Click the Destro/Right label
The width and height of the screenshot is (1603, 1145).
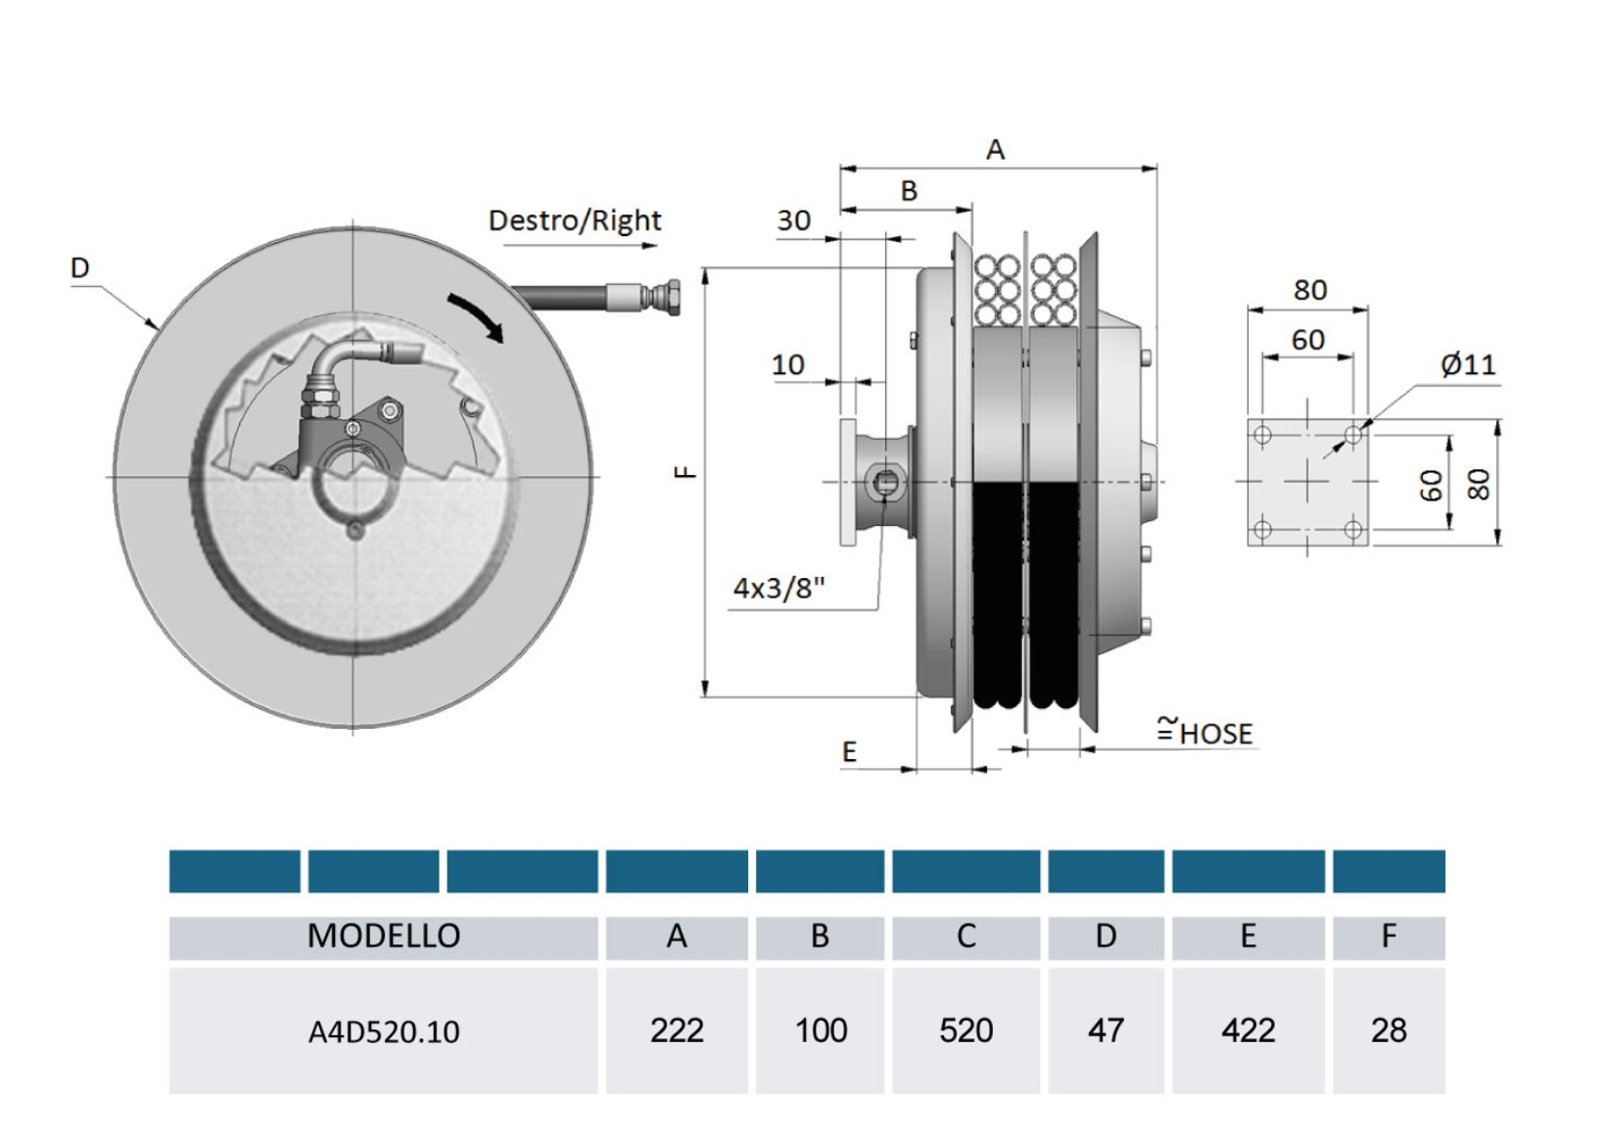coord(575,220)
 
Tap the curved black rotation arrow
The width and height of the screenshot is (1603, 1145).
coord(476,316)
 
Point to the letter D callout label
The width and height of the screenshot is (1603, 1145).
coord(79,267)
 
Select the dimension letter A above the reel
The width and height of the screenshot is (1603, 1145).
coord(995,150)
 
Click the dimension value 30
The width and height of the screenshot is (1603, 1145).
coord(793,220)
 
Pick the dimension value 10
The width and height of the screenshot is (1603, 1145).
coord(787,364)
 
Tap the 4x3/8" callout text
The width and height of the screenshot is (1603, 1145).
coord(778,588)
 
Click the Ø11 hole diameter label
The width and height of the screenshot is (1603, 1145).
coord(1467,364)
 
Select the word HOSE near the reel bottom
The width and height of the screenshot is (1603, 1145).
coord(1215,734)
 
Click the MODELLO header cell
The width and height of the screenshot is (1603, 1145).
coord(383,936)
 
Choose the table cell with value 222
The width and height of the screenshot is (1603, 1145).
coord(677,1030)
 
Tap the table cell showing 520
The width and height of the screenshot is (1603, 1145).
coord(966,1030)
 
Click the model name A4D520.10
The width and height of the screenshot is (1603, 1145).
coord(383,1031)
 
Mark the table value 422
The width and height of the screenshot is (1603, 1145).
coord(1248,1030)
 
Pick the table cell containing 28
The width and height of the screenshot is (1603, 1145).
coord(1388,1030)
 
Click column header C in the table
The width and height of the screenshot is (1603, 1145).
coord(966,936)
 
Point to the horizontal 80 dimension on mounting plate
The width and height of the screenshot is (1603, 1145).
coord(1309,290)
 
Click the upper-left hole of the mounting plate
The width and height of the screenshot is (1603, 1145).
coord(1262,434)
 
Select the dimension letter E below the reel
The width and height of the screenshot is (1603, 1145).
coord(849,751)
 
